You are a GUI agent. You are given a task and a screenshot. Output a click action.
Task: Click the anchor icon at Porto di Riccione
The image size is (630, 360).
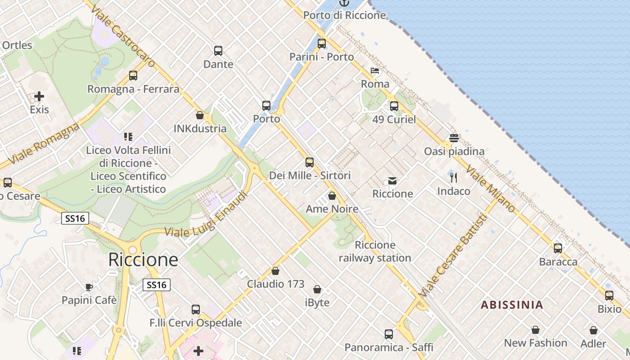[x=344, y=3]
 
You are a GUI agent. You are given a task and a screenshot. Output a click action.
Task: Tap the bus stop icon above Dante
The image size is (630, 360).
[x=218, y=51]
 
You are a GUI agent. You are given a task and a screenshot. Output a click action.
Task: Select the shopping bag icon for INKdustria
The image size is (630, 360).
[x=200, y=116]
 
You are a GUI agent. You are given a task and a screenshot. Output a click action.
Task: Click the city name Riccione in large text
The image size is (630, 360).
[x=143, y=260]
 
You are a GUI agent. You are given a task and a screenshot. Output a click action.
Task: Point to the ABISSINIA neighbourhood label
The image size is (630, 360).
[x=512, y=305]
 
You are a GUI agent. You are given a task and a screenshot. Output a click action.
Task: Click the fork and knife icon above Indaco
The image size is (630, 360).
[x=454, y=178]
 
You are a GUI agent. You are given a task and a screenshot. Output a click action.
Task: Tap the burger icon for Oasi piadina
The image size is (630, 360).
[x=454, y=138]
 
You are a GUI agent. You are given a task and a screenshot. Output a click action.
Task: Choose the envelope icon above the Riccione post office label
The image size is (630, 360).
[x=392, y=181]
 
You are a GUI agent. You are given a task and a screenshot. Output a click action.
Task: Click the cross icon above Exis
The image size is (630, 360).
[x=39, y=96]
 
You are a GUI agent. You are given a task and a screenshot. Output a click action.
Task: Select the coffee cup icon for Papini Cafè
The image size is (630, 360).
[x=89, y=287]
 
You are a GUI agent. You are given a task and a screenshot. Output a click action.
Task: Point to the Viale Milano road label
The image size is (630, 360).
[x=490, y=189]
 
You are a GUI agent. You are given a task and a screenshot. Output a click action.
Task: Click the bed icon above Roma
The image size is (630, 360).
[x=375, y=71]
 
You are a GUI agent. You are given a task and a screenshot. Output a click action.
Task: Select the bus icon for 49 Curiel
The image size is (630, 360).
[x=394, y=106]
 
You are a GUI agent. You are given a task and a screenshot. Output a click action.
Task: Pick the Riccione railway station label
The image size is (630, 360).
[x=375, y=252]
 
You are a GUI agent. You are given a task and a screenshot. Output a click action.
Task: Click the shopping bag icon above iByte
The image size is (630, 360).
[x=317, y=289]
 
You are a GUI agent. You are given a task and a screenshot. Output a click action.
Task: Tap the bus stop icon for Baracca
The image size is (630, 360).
[x=558, y=248]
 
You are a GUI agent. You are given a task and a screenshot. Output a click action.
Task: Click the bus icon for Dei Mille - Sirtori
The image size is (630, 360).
[x=310, y=162]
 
